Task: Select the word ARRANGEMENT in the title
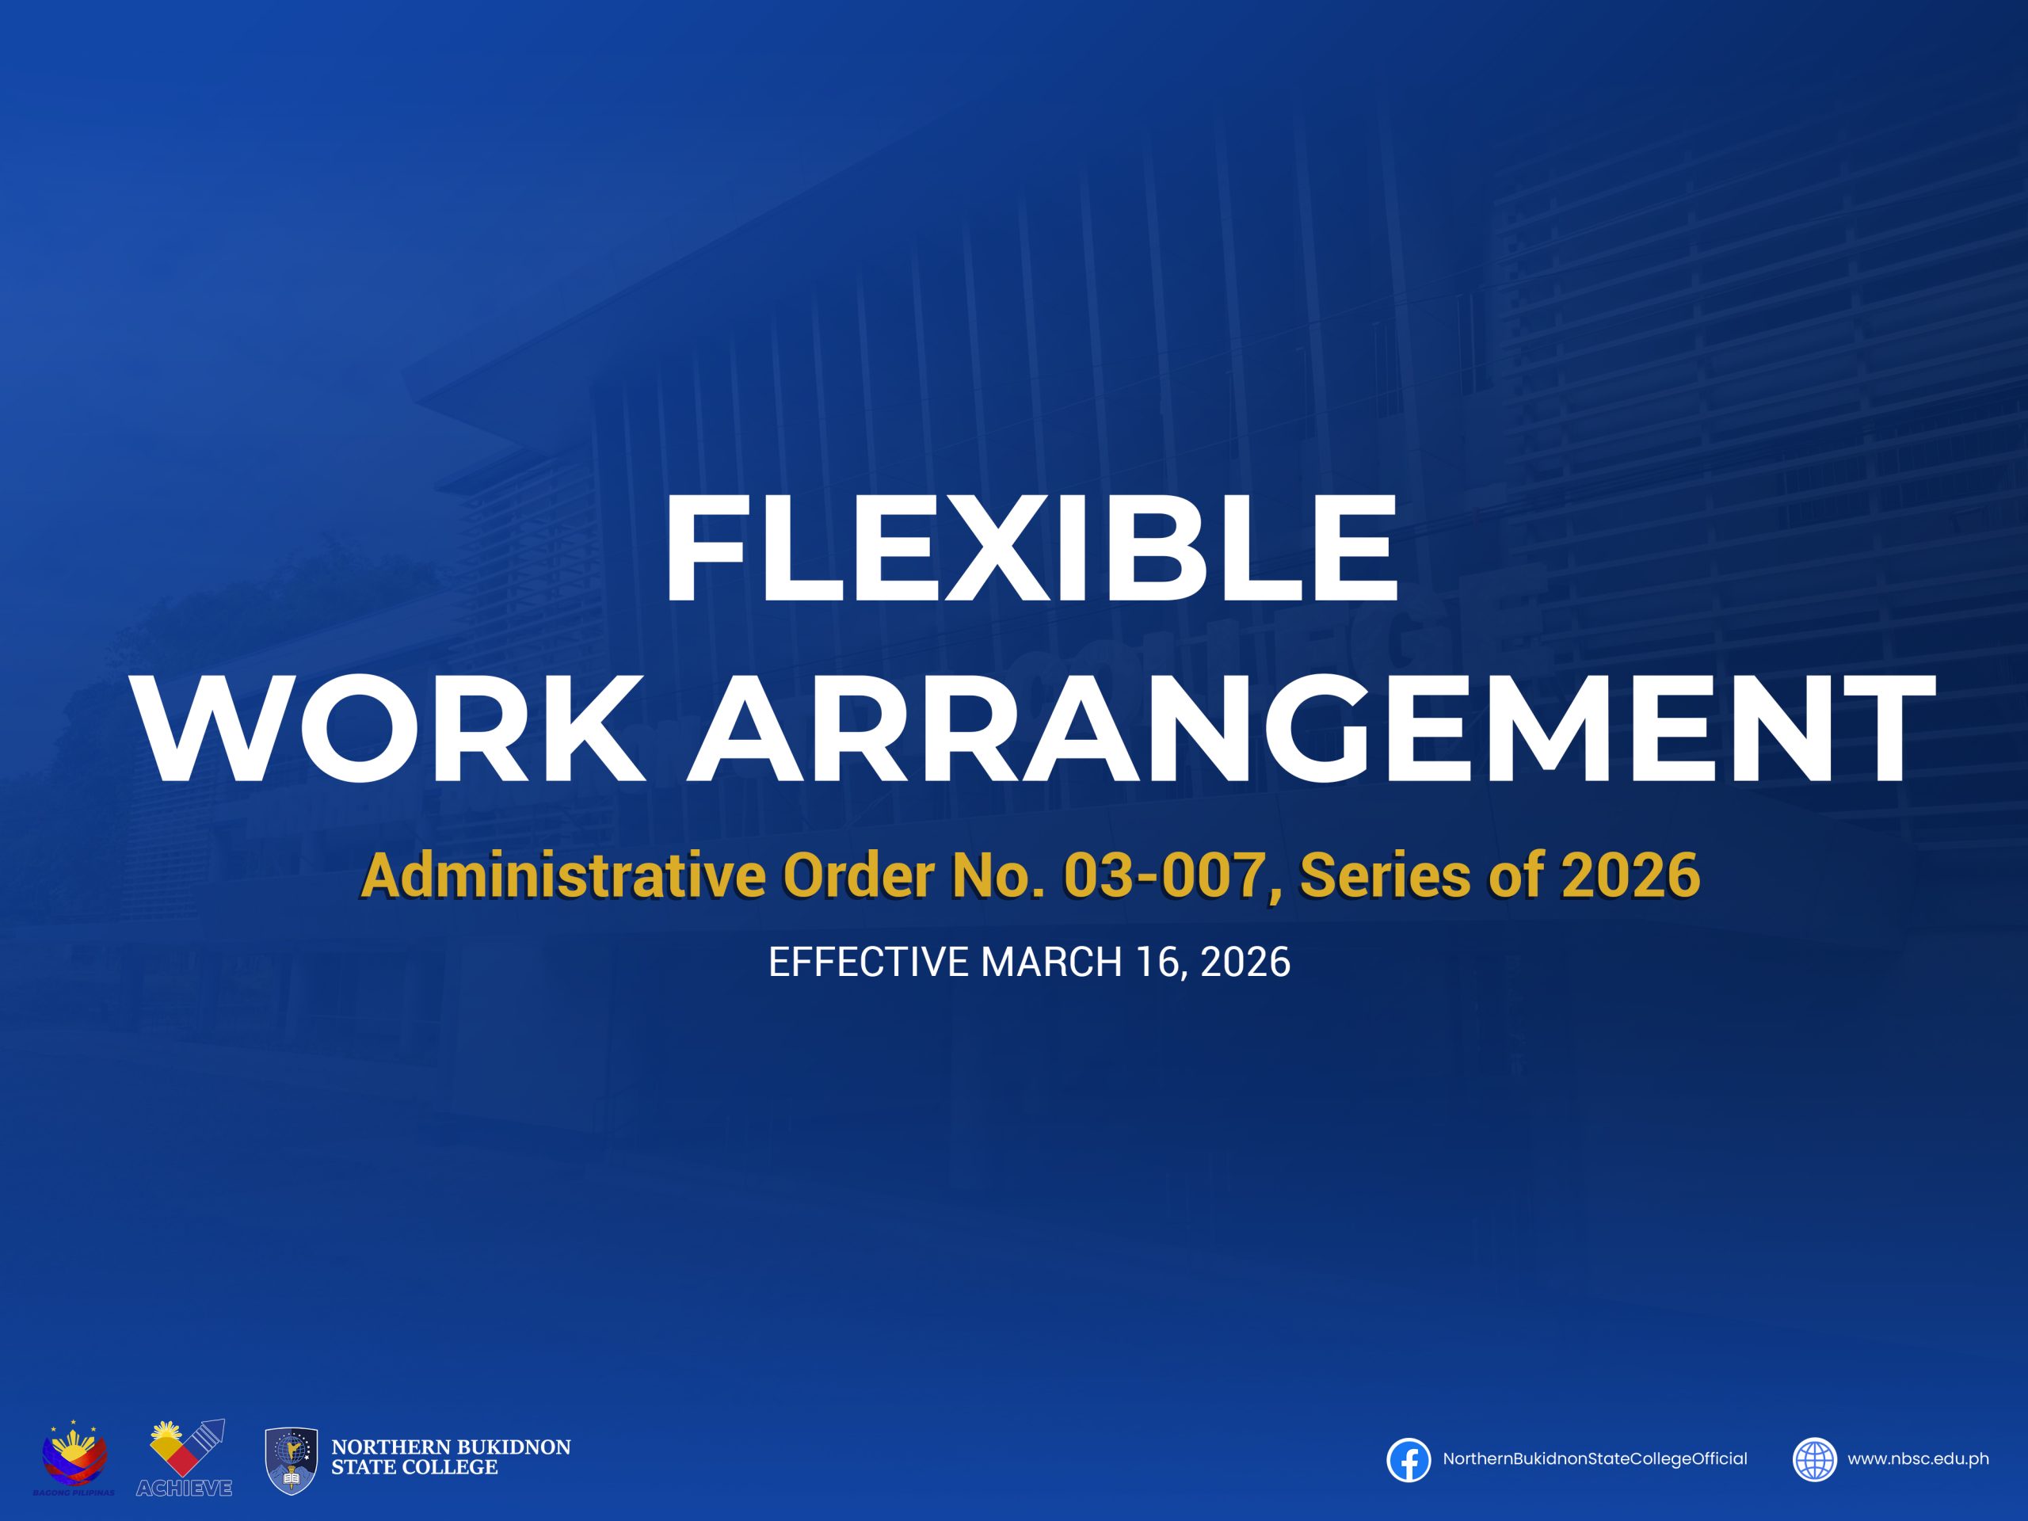[x=1310, y=729]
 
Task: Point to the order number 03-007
[x=1162, y=876]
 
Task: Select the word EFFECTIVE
[x=868, y=962]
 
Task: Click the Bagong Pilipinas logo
[x=74, y=1457]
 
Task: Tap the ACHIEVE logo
[x=186, y=1457]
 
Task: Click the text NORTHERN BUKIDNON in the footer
[x=451, y=1447]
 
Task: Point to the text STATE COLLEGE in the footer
[x=414, y=1468]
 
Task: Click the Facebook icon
[x=1409, y=1459]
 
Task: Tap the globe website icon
[x=1814, y=1459]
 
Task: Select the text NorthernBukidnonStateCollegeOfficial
[x=1595, y=1459]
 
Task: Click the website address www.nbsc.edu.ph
[x=1918, y=1459]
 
